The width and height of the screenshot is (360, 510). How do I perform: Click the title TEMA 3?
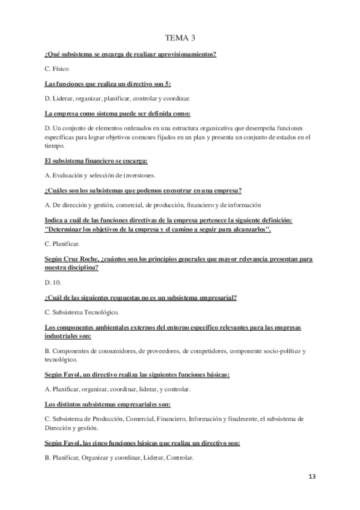tap(180, 38)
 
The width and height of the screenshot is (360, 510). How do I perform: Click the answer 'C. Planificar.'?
tap(63, 244)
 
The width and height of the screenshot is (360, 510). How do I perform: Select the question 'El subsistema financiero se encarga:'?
tap(96, 161)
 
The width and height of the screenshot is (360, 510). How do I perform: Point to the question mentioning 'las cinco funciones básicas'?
tap(142, 443)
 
